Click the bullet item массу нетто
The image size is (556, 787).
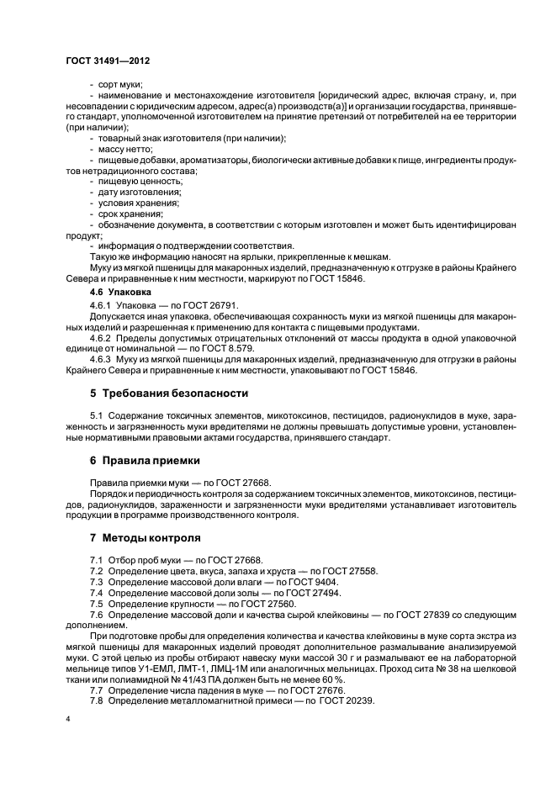[x=124, y=149]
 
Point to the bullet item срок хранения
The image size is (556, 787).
[x=129, y=214]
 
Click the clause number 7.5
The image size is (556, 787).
[x=96, y=604]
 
